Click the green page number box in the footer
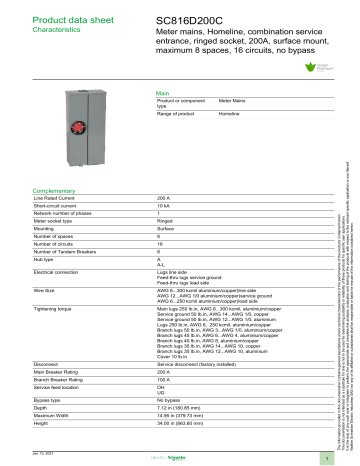tap(339, 456)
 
